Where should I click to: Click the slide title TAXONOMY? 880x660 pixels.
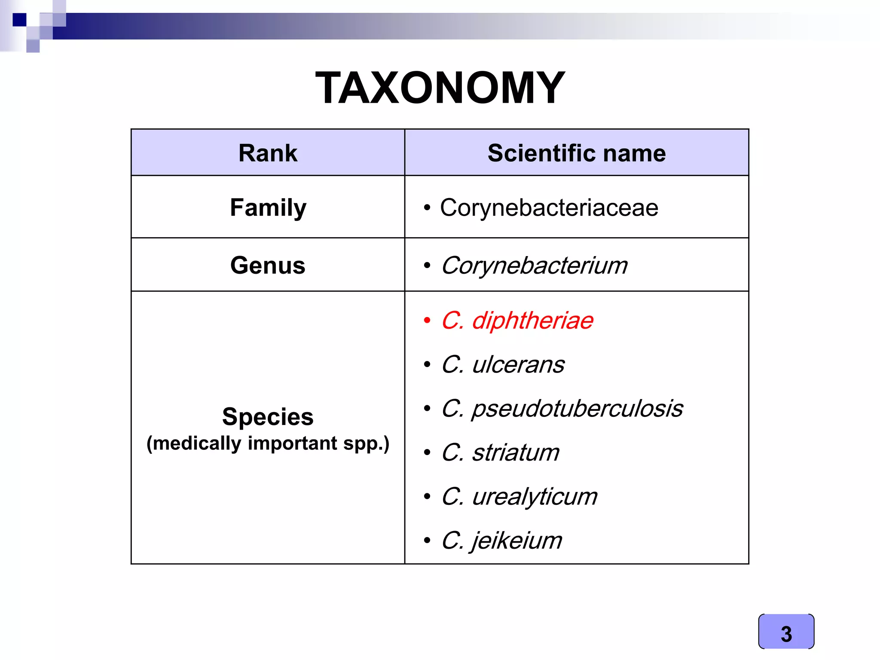[440, 88]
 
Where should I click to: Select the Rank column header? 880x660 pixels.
[268, 153]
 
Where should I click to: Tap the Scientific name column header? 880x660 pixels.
[577, 153]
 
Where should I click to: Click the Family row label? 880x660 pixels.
[268, 208]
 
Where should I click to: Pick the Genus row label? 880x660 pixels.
[268, 265]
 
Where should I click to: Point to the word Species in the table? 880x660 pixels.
[268, 416]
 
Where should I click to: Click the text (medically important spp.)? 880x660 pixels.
[268, 443]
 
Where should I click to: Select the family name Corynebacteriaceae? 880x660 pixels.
[549, 208]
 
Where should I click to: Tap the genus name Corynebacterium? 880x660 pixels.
[534, 265]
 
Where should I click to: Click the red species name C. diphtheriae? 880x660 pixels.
[517, 321]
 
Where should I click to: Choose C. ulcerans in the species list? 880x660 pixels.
[503, 364]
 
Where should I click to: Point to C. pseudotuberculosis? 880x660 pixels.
[562, 408]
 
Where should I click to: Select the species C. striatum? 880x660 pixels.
[501, 452]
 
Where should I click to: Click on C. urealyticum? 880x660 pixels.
[519, 496]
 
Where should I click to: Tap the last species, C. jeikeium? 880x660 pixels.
[501, 540]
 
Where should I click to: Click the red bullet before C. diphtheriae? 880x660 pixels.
[427, 321]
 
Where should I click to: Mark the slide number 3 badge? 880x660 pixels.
[786, 632]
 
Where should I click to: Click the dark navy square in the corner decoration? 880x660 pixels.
[19, 20]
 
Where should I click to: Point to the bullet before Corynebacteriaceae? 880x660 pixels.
[427, 208]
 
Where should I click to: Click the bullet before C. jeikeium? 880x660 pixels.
[427, 541]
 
